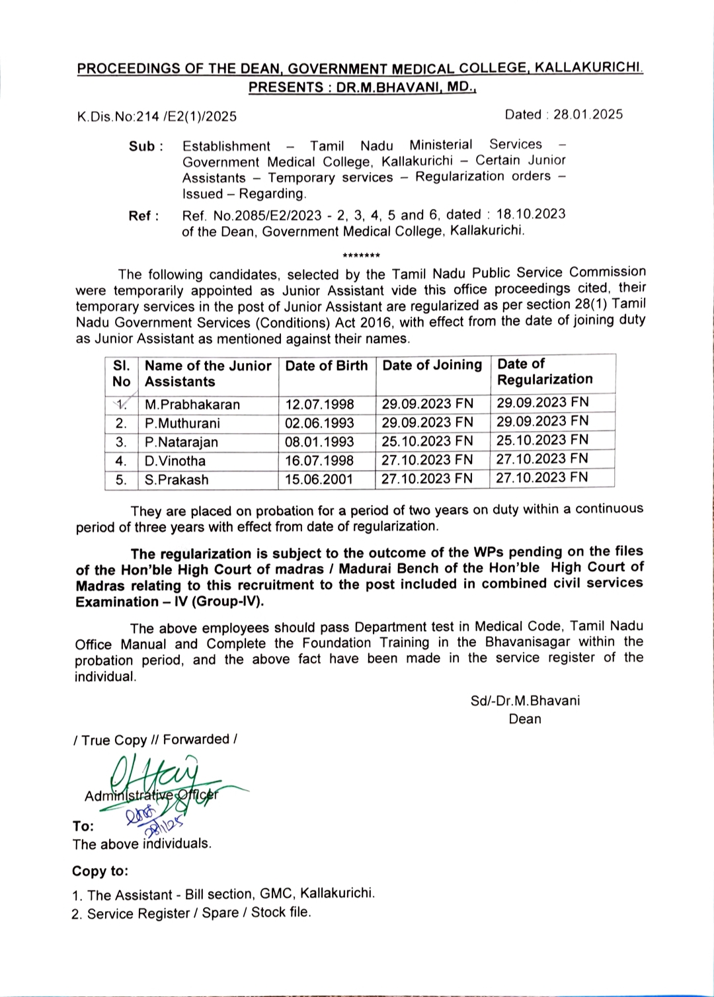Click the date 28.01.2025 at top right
(588, 114)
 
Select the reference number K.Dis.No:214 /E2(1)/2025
(157, 117)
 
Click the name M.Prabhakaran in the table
(192, 404)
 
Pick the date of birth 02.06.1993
(319, 423)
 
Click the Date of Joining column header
(432, 365)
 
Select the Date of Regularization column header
(545, 372)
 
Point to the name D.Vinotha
(175, 461)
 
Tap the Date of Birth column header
(327, 366)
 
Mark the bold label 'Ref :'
(143, 216)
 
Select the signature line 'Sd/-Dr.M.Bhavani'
(525, 700)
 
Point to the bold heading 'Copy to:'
(100, 871)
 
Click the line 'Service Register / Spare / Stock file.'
(198, 913)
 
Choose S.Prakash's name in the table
(177, 479)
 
